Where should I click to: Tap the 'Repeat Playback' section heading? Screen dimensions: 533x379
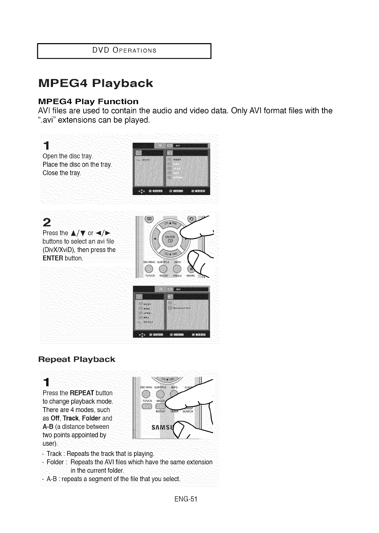coord(76,359)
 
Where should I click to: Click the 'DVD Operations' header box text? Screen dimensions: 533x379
coord(124,50)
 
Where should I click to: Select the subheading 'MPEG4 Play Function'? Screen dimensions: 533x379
coord(88,102)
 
